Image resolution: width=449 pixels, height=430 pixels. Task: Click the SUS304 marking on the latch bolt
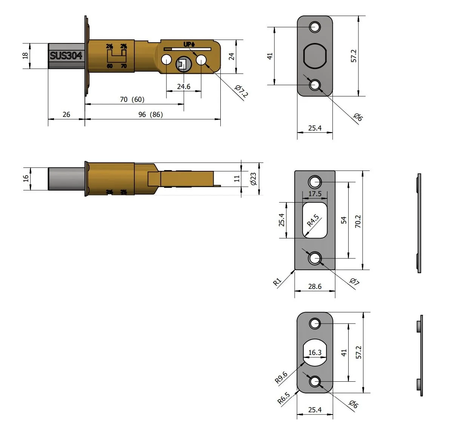click(x=66, y=56)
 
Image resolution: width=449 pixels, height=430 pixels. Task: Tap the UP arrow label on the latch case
click(x=189, y=45)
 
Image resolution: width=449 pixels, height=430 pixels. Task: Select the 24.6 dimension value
click(x=184, y=87)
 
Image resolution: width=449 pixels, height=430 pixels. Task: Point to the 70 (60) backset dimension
click(x=132, y=100)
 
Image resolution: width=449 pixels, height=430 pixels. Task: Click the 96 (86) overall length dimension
click(x=151, y=114)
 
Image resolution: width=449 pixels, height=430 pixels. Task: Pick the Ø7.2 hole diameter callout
click(x=241, y=92)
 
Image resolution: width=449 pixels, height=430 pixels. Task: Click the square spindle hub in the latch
click(x=183, y=64)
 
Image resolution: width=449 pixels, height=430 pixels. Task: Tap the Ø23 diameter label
click(x=253, y=179)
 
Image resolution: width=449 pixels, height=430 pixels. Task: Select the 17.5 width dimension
click(x=315, y=194)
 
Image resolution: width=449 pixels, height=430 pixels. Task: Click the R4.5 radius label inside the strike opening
click(x=313, y=221)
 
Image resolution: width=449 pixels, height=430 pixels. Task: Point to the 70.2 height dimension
click(x=358, y=221)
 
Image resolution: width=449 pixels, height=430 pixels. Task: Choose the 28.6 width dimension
click(x=315, y=286)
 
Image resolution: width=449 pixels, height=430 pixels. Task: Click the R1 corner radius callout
click(x=277, y=282)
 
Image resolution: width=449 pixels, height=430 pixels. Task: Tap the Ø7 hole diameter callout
click(x=354, y=282)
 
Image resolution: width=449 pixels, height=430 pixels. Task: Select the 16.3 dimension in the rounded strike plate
click(x=315, y=353)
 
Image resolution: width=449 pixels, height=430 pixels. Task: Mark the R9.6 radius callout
click(x=281, y=377)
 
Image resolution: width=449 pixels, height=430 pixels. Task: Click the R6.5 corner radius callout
click(x=284, y=398)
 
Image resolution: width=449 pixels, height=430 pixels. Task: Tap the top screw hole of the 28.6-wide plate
click(x=314, y=182)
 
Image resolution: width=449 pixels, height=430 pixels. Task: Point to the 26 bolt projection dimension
click(x=66, y=114)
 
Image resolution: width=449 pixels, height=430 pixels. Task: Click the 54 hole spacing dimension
click(x=344, y=220)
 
